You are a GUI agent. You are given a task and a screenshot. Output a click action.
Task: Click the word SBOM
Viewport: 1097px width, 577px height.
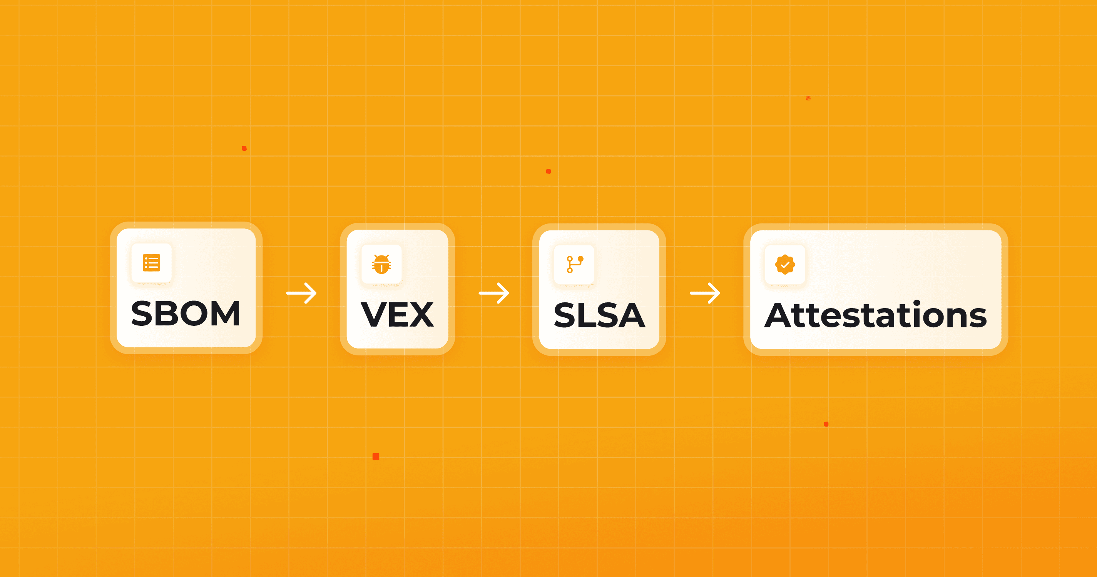point(186,314)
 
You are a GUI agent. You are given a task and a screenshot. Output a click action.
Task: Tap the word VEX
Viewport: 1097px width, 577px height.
point(397,315)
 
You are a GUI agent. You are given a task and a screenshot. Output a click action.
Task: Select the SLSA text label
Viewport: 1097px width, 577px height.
point(599,315)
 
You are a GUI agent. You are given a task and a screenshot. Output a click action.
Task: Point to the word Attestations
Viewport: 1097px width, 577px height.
point(876,315)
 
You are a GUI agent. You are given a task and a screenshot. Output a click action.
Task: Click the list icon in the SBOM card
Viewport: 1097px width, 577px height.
point(151,263)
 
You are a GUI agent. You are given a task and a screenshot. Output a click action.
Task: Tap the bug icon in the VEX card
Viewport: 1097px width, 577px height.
point(381,264)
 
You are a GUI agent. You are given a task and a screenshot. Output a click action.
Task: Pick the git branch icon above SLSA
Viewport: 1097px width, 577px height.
point(574,264)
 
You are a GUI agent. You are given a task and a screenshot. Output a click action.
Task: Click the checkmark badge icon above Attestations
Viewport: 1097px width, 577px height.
point(785,265)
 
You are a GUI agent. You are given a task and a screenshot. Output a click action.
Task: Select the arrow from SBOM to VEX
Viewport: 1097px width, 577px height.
point(301,293)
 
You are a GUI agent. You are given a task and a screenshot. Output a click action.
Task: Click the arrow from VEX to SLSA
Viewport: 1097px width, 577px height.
point(494,293)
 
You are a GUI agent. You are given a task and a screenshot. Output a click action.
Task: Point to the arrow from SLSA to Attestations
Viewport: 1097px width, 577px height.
point(705,293)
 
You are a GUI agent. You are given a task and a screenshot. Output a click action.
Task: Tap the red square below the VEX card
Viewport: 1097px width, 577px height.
point(376,457)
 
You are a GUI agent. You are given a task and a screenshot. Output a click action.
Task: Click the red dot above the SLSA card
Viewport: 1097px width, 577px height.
point(548,172)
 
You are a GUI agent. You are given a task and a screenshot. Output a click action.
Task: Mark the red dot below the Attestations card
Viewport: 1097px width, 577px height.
point(826,424)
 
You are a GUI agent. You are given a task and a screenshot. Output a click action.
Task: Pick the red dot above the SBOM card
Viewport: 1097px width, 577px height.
point(244,148)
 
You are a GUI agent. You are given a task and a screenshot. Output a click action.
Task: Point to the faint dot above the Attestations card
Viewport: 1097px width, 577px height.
point(808,98)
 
